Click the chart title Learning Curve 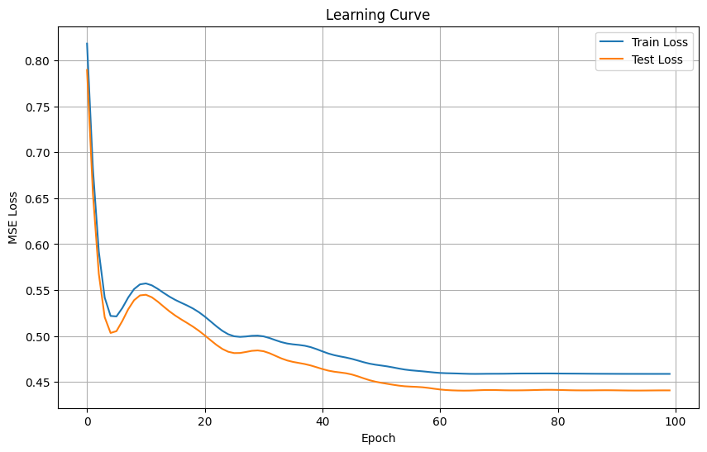coord(378,15)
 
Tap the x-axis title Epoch coord(378,438)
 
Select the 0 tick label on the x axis coord(87,420)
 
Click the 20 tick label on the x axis coord(205,420)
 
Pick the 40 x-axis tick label coord(322,420)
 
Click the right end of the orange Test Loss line coord(670,390)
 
